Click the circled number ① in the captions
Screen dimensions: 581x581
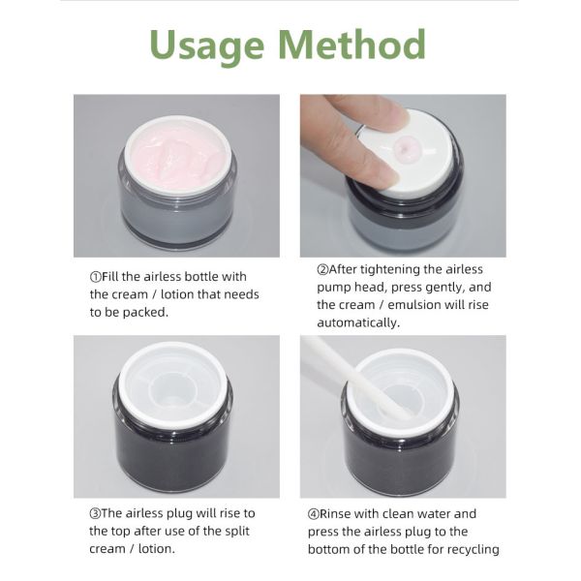(95, 277)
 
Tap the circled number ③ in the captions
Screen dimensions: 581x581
(95, 513)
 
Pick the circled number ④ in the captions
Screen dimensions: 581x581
(314, 513)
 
